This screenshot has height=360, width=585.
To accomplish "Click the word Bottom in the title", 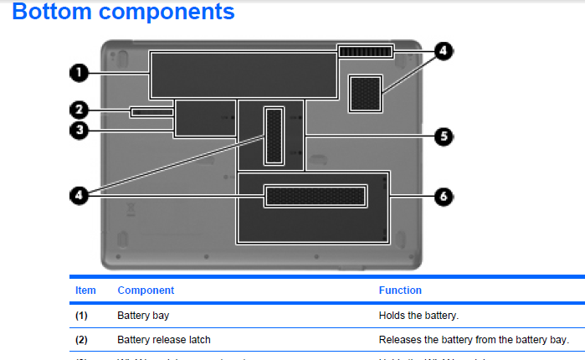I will tap(55, 13).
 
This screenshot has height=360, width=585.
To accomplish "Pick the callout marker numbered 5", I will tap(443, 136).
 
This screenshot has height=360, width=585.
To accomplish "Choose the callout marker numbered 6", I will tap(443, 197).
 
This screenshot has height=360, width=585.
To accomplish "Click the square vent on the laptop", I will tap(366, 94).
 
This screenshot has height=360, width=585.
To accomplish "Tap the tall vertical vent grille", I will tap(275, 136).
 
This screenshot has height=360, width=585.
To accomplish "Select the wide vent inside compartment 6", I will tap(316, 197).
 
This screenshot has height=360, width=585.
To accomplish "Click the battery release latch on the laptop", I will tap(151, 111).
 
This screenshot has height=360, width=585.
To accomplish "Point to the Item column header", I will tap(85, 291).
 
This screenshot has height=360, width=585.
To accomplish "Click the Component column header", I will tap(146, 291).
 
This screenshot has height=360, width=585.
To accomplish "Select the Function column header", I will tap(400, 291).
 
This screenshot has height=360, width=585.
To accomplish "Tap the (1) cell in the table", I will tap(81, 316).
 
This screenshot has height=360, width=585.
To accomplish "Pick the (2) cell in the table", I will tap(81, 339).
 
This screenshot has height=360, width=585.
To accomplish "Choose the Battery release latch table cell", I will tap(164, 339).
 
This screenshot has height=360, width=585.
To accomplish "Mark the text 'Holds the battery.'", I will tap(418, 316).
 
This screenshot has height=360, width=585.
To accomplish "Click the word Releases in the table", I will tap(399, 339).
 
